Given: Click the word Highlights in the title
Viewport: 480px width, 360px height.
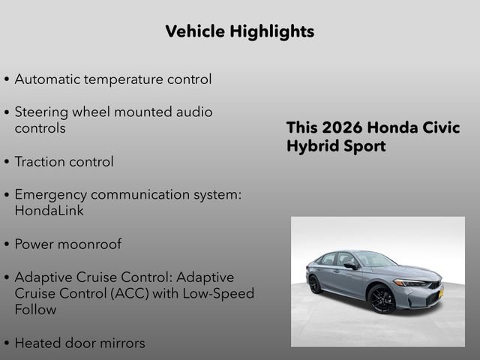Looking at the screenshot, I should [274, 31].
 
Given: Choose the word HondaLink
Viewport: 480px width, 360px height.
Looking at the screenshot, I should [49, 211].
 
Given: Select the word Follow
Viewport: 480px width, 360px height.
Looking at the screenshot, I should [35, 310].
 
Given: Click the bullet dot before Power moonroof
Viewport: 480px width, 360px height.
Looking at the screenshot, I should [7, 244].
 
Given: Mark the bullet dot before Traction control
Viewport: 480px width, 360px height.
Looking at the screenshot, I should [7, 162].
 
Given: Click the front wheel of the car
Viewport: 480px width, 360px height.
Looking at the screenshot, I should [381, 299].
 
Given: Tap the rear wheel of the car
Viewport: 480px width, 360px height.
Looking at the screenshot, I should [315, 284].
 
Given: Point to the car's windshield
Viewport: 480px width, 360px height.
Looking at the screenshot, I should [374, 259].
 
